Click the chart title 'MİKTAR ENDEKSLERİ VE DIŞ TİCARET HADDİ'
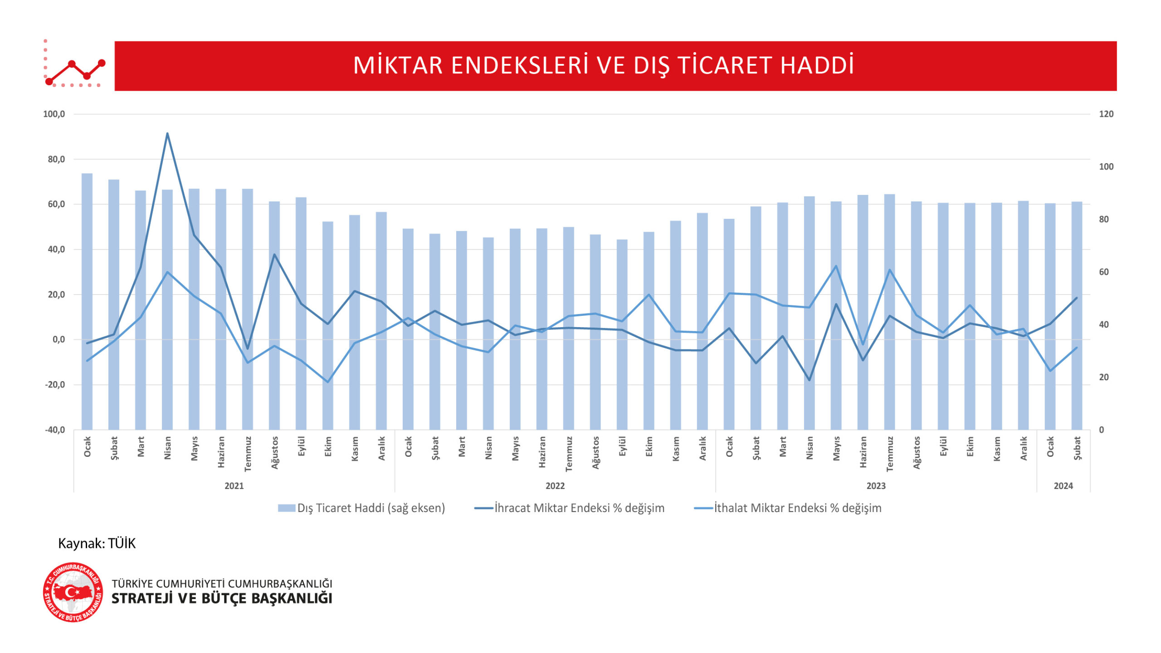click(603, 66)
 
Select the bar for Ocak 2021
click(87, 301)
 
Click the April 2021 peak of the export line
click(167, 134)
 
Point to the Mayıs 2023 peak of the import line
click(836, 266)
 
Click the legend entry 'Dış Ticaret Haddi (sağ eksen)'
click(361, 508)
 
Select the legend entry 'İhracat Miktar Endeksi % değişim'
click(570, 508)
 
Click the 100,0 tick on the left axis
click(54, 114)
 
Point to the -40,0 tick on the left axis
click(54, 430)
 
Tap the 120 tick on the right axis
click(1106, 114)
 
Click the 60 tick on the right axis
click(1103, 272)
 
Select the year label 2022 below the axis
click(555, 486)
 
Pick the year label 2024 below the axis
click(1063, 486)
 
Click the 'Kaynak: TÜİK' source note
click(97, 543)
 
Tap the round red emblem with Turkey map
click(73, 592)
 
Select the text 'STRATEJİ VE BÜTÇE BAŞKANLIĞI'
click(222, 599)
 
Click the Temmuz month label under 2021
click(248, 454)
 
